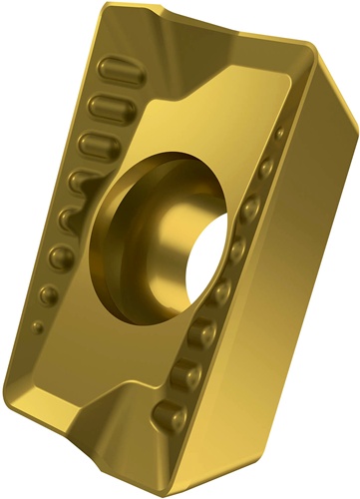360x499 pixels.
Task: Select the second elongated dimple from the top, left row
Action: pyautogui.click(x=104, y=106)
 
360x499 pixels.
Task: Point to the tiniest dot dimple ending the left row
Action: pyautogui.click(x=37, y=324)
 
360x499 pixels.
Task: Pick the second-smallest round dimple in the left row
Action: pyautogui.click(x=46, y=294)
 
